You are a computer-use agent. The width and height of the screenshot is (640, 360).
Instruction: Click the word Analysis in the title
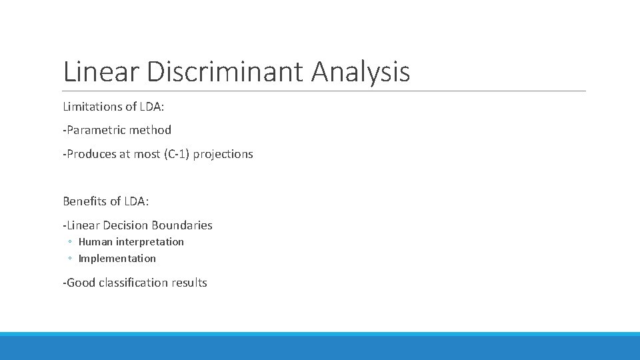click(360, 71)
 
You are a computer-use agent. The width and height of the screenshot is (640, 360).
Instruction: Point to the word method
click(150, 130)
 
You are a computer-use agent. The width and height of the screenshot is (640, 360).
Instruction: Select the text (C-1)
click(175, 154)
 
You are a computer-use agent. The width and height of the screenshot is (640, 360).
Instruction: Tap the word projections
click(223, 154)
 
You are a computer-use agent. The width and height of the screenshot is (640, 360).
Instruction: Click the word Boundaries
click(182, 225)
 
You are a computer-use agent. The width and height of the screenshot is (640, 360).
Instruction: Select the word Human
click(95, 242)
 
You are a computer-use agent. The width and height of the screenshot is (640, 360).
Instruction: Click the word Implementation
click(117, 259)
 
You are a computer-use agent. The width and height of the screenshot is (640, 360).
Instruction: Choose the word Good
click(81, 283)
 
